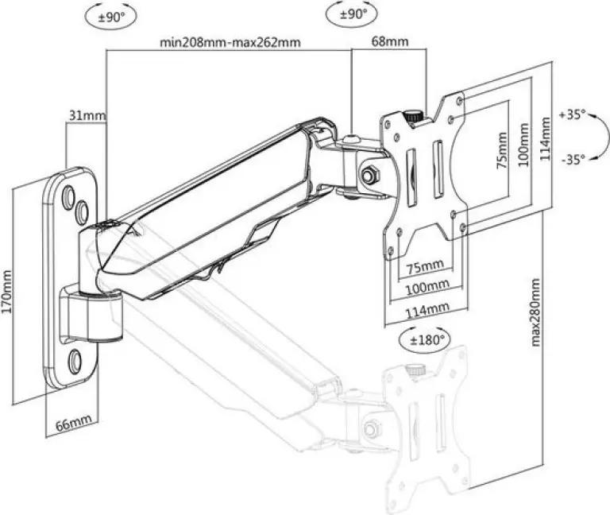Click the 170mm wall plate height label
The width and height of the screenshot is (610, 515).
[x=7, y=292]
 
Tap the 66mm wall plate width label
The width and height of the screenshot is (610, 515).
[x=74, y=423]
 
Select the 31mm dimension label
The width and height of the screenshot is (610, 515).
[x=87, y=115]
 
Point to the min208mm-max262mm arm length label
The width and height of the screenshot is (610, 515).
[x=230, y=42]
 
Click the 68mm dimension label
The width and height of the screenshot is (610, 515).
[x=390, y=41]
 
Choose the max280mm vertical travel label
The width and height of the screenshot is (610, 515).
[x=535, y=312]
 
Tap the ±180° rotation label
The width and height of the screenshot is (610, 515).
[x=427, y=340]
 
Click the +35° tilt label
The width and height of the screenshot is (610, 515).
[x=572, y=114]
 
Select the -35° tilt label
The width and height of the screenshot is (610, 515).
[x=573, y=159]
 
